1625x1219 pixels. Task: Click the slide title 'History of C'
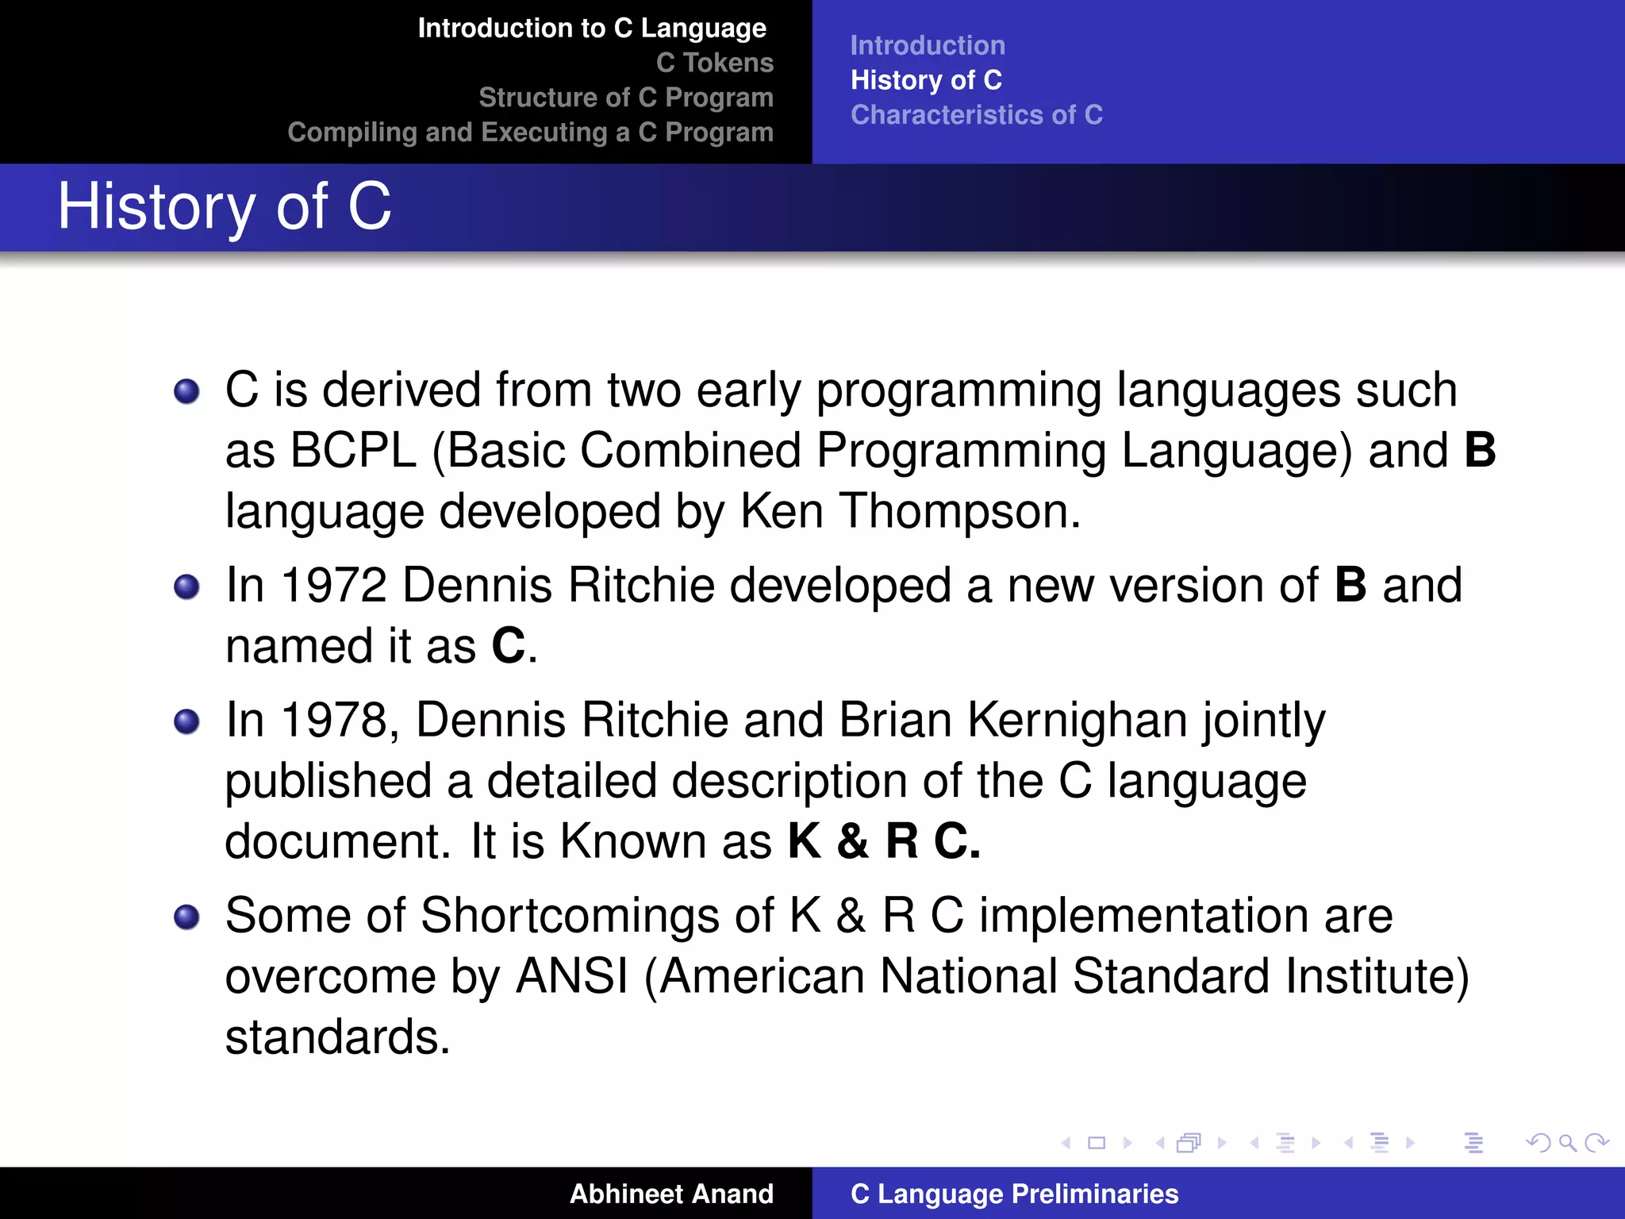click(225, 207)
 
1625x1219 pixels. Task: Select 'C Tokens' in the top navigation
click(714, 63)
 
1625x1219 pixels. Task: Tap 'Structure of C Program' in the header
click(625, 98)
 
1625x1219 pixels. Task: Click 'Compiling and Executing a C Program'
click(530, 133)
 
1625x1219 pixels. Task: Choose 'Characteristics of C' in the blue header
click(976, 115)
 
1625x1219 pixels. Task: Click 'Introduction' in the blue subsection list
click(927, 46)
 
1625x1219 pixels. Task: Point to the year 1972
click(333, 586)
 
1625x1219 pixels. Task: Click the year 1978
click(333, 721)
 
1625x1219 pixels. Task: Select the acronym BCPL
click(352, 451)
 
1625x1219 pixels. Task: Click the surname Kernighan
click(1077, 721)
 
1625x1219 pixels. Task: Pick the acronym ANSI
click(572, 976)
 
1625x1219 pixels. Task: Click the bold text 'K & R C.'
click(884, 841)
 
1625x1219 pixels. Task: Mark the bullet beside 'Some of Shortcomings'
click(186, 917)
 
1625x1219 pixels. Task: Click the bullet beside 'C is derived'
click(186, 391)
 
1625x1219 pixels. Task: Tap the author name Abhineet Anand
click(671, 1194)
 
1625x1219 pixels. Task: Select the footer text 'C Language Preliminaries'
click(1014, 1194)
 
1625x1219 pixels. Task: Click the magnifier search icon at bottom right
click(1567, 1143)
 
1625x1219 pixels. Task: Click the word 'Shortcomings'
click(597, 916)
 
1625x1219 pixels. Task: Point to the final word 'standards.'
click(337, 1037)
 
